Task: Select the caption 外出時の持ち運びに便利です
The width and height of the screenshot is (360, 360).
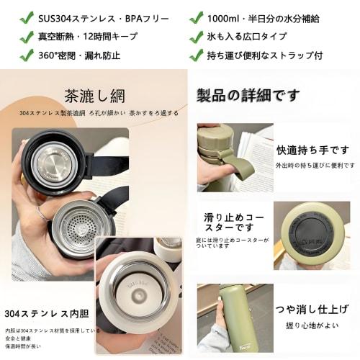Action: click(x=315, y=166)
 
